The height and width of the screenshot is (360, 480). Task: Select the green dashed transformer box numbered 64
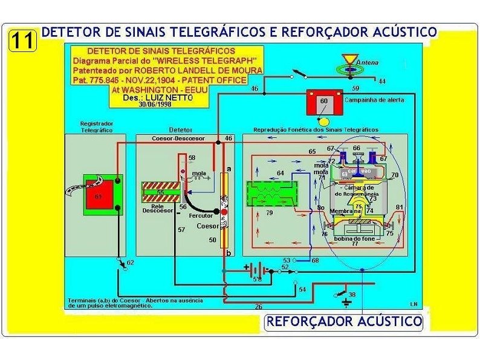(x=271, y=194)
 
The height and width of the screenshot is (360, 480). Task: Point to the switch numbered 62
(x=125, y=264)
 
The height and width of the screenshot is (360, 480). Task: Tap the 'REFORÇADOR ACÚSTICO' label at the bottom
(x=345, y=321)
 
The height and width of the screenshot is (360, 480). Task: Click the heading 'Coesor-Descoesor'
(x=178, y=139)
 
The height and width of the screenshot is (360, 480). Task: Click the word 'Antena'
(x=367, y=62)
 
